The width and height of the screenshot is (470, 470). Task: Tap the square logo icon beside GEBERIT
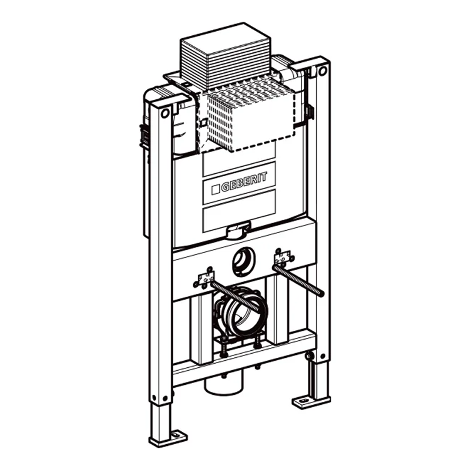[x=216, y=189]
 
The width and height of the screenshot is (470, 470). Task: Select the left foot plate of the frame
[x=167, y=438]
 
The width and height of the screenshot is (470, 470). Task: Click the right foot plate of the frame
[x=311, y=402]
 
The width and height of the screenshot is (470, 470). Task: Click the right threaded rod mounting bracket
[x=283, y=257]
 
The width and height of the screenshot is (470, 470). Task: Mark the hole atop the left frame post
[x=166, y=113]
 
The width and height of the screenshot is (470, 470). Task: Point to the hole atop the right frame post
[x=322, y=71]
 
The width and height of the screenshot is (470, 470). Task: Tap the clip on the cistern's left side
[x=142, y=135]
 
